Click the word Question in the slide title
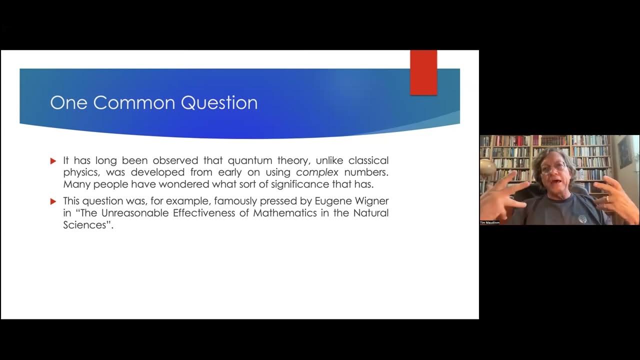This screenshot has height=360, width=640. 219,102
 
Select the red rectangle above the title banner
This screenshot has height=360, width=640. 423,72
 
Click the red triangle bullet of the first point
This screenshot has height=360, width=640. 53,161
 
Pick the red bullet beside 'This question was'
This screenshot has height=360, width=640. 53,201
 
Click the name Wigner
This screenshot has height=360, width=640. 370,201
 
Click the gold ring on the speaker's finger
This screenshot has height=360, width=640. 607,198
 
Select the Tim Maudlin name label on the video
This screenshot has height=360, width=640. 490,222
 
